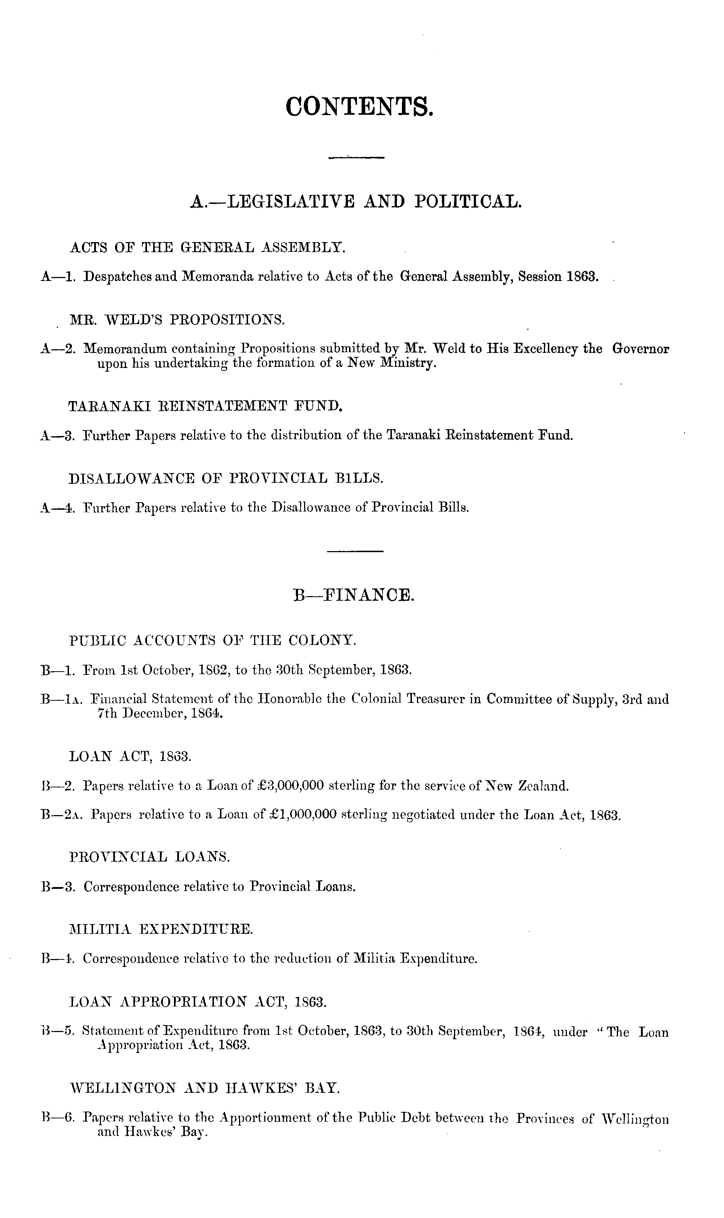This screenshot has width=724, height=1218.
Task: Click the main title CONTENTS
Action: [359, 106]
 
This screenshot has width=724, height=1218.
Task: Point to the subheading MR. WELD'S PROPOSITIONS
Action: [177, 320]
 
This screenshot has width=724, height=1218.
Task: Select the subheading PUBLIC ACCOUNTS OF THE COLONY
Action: [213, 640]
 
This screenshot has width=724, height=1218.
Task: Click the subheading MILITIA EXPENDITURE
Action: [161, 929]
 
